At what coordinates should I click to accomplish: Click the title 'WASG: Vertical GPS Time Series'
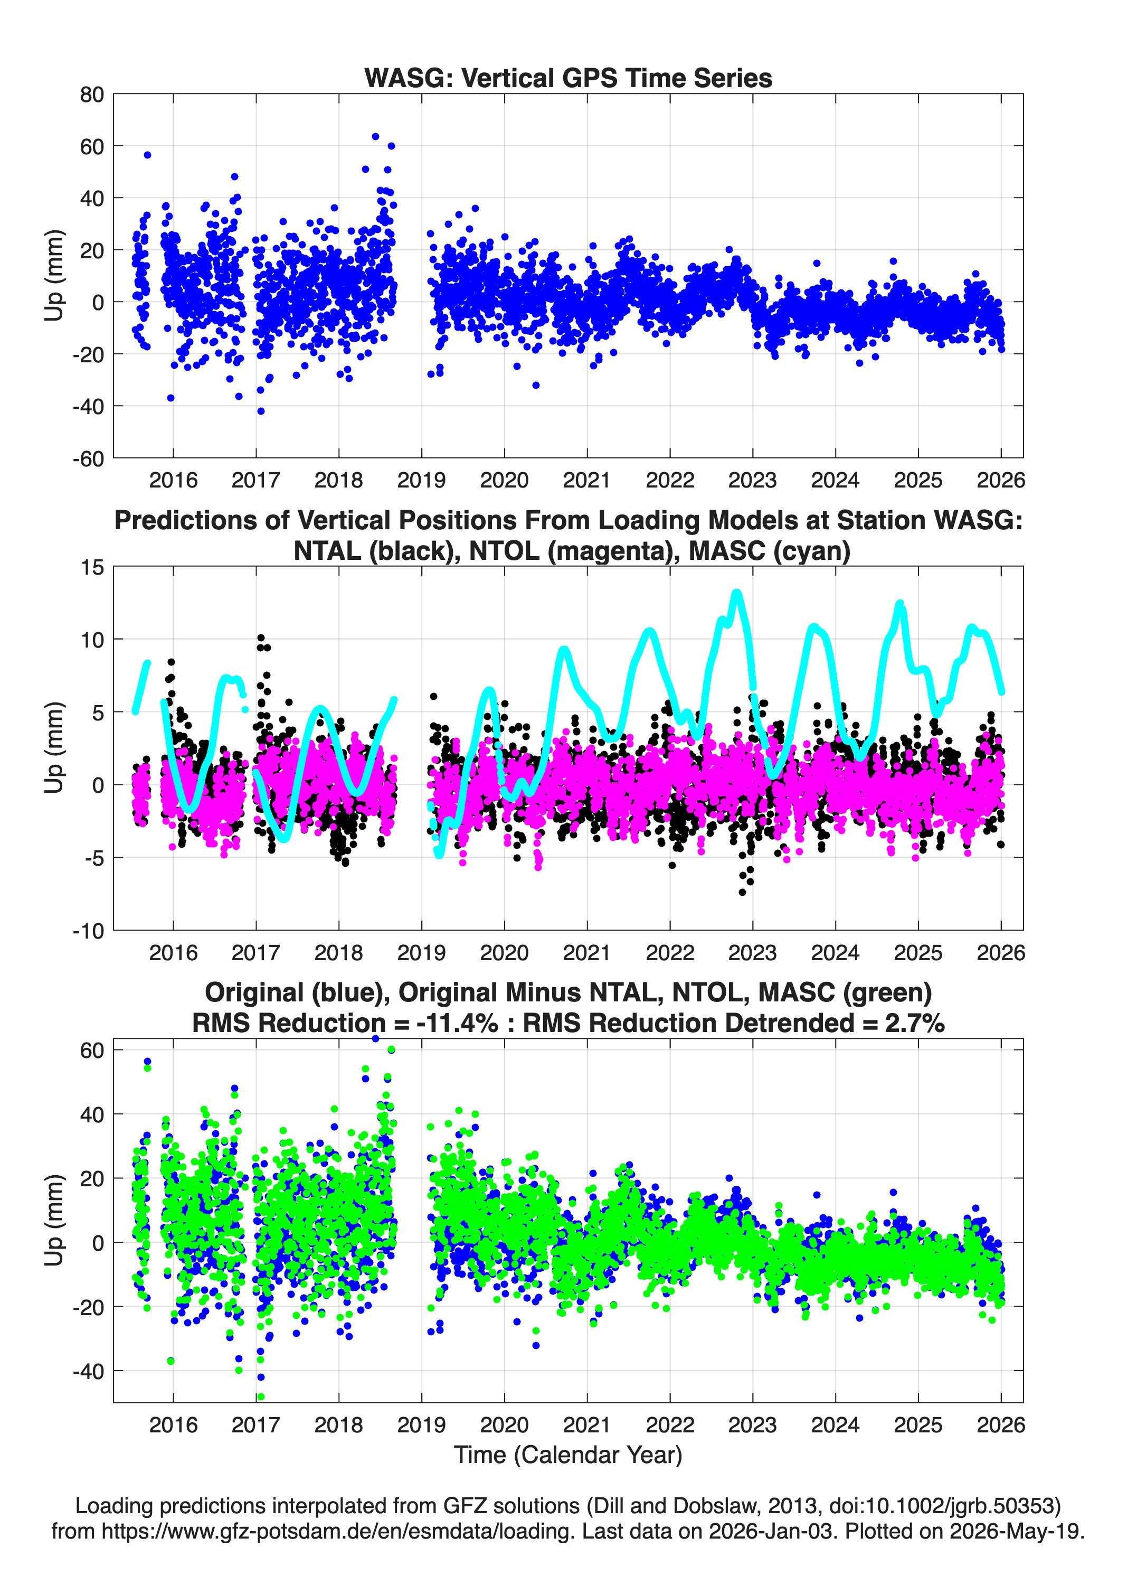[x=568, y=78]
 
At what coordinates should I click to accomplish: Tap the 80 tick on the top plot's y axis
[x=92, y=95]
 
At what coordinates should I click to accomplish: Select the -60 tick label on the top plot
[x=88, y=458]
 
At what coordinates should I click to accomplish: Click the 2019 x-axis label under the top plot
[x=421, y=480]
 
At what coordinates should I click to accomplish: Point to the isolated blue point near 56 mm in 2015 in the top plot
[x=147, y=155]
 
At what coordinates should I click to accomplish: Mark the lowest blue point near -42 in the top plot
[x=261, y=411]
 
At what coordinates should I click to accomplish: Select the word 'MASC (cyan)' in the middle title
[x=769, y=551]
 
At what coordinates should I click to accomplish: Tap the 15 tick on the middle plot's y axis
[x=92, y=567]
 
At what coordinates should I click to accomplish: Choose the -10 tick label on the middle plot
[x=88, y=931]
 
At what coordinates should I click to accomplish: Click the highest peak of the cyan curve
[x=736, y=593]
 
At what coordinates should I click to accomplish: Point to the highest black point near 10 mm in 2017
[x=261, y=637]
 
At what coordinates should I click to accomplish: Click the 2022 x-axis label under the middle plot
[x=670, y=952]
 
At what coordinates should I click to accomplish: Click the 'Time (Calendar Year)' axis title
[x=568, y=1454]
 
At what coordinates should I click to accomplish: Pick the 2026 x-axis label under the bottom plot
[x=1001, y=1424]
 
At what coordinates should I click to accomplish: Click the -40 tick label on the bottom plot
[x=88, y=1371]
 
